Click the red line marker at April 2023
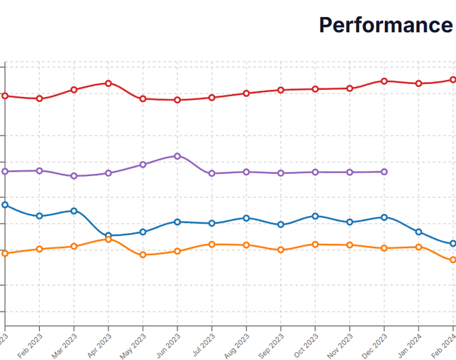[108, 83]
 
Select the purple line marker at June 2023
[177, 155]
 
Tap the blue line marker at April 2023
[108, 235]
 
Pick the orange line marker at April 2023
[108, 240]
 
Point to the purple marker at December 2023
[385, 172]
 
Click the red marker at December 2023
[385, 81]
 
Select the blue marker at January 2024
[419, 232]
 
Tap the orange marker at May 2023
[143, 254]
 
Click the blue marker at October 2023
[316, 215]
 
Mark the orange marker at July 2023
[212, 244]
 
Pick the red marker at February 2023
[39, 98]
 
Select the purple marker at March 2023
[74, 175]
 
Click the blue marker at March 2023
[74, 210]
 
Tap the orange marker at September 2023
[281, 250]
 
